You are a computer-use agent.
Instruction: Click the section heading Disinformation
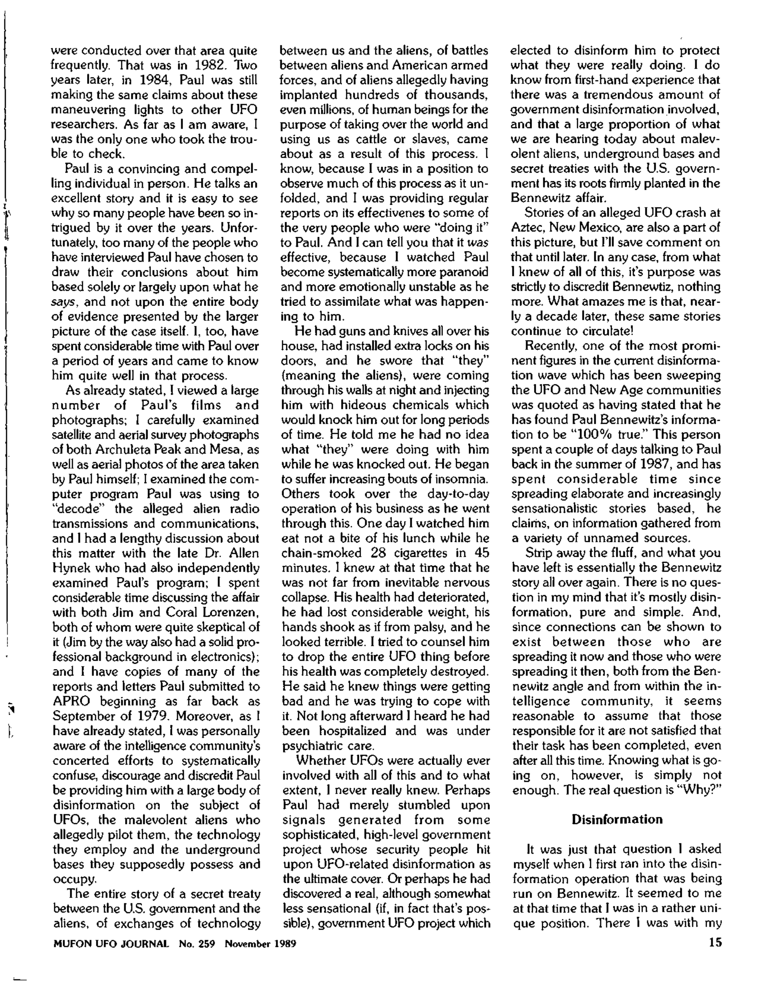click(x=617, y=819)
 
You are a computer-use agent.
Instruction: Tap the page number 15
click(x=713, y=943)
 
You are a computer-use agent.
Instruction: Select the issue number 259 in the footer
click(x=206, y=944)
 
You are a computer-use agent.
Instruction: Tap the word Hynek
click(x=70, y=568)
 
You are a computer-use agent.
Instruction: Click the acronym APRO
click(x=71, y=701)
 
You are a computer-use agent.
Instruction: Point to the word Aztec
click(x=528, y=228)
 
